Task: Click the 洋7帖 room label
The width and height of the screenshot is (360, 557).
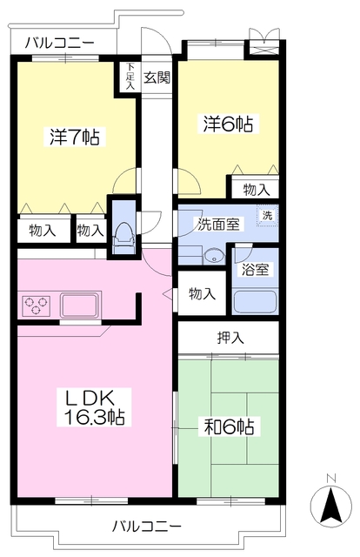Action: pos(75,137)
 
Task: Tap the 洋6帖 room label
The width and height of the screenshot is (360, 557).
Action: pos(228,124)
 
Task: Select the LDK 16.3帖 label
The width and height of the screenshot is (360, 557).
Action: pos(94,407)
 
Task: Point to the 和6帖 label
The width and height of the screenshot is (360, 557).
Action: pos(229,426)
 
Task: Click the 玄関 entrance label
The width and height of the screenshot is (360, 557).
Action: pos(157,77)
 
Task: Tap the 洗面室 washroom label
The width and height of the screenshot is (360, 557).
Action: pos(219,225)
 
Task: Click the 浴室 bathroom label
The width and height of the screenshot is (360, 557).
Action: pos(255,269)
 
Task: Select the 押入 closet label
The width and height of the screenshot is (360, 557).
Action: pos(230,338)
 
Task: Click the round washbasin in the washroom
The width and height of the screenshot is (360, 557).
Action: pos(214,256)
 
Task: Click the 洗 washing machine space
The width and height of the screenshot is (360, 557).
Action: pos(267,215)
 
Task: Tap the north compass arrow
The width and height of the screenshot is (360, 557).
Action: pos(331,506)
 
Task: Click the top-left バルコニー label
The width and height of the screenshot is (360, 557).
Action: pos(60,44)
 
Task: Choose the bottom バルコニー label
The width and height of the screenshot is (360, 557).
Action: pos(147,526)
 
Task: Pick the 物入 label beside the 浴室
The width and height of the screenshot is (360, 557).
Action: pos(202,294)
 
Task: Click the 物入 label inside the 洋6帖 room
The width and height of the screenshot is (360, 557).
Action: pos(257,190)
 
